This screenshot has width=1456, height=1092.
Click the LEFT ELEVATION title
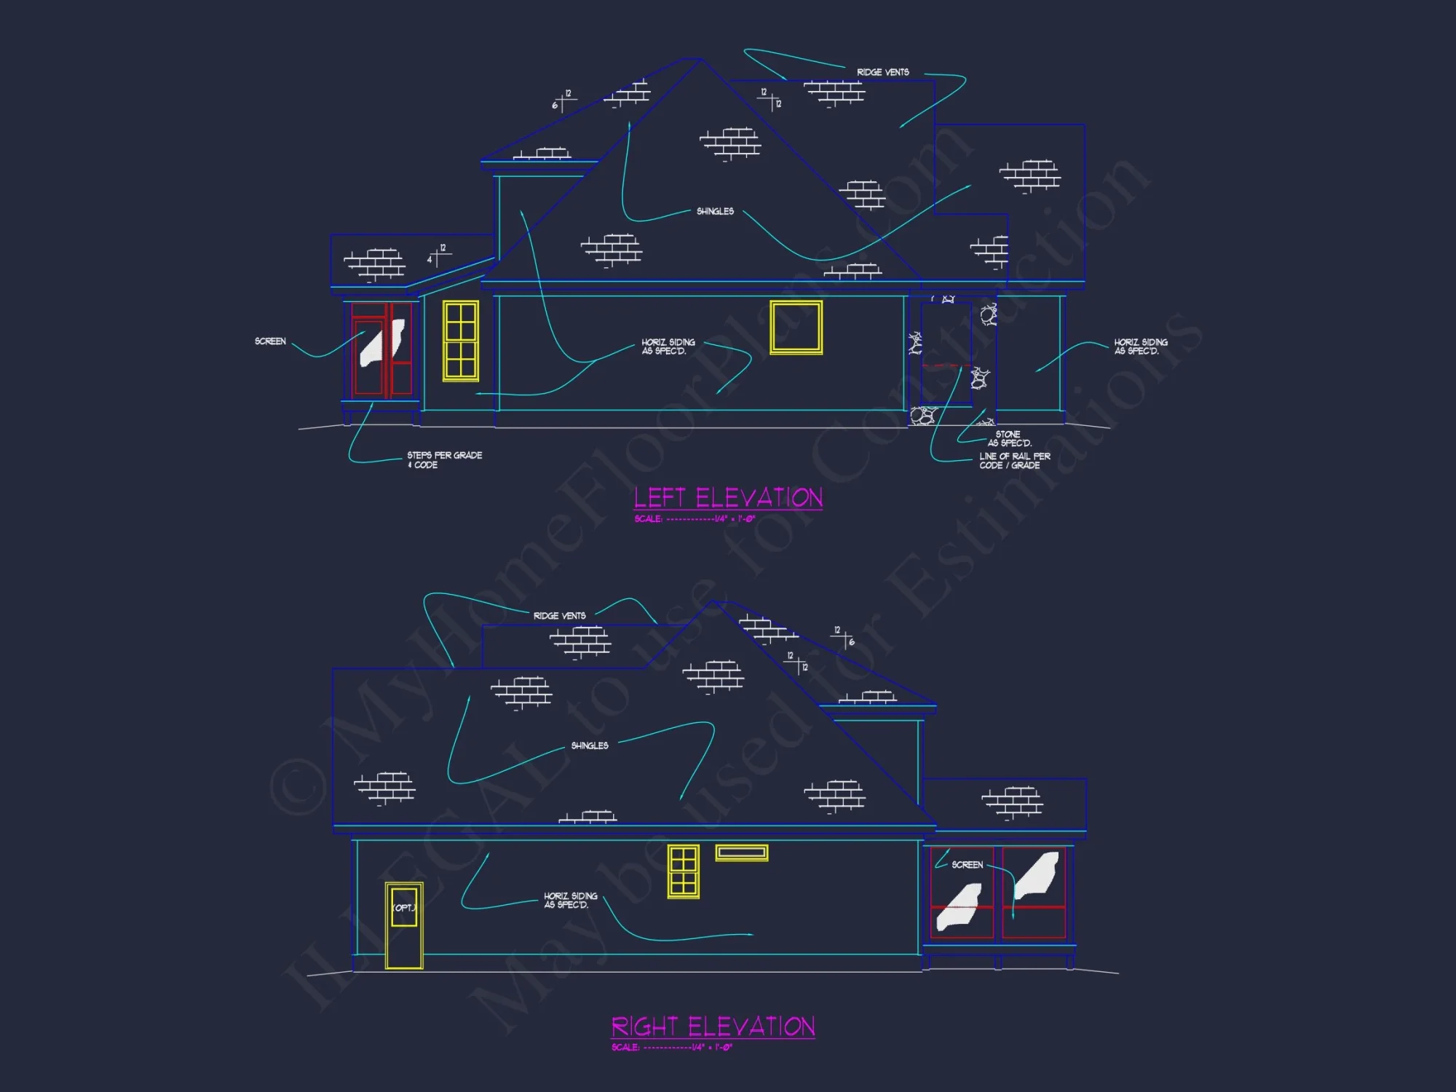[x=728, y=498]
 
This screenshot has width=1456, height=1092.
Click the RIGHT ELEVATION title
[x=713, y=1026]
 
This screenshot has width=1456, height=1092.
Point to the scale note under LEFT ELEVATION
[x=695, y=519]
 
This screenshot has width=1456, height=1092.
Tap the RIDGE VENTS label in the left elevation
[x=882, y=72]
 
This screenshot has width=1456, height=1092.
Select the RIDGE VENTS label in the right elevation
[x=559, y=616]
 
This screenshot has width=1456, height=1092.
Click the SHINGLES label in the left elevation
[x=715, y=211]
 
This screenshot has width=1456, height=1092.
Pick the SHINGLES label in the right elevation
[x=590, y=745]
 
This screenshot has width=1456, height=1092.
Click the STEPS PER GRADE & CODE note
[x=444, y=460]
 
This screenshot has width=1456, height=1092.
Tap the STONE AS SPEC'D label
[x=1009, y=438]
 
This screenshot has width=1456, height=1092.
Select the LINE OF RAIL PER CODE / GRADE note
[x=1014, y=461]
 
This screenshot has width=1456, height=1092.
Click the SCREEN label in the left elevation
[x=270, y=341]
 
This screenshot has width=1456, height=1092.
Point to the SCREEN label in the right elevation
[x=967, y=865]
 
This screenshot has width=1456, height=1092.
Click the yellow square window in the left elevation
[x=796, y=328]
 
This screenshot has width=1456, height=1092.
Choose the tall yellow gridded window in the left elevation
[x=461, y=341]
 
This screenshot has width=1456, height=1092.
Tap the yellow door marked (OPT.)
[x=404, y=925]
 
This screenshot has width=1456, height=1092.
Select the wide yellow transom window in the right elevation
[x=741, y=852]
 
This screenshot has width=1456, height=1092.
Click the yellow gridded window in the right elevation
[x=683, y=871]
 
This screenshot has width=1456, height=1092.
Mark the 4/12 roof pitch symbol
[x=438, y=255]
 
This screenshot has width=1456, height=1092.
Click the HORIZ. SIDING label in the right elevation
[x=570, y=901]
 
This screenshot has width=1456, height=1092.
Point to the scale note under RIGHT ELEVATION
[x=671, y=1048]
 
